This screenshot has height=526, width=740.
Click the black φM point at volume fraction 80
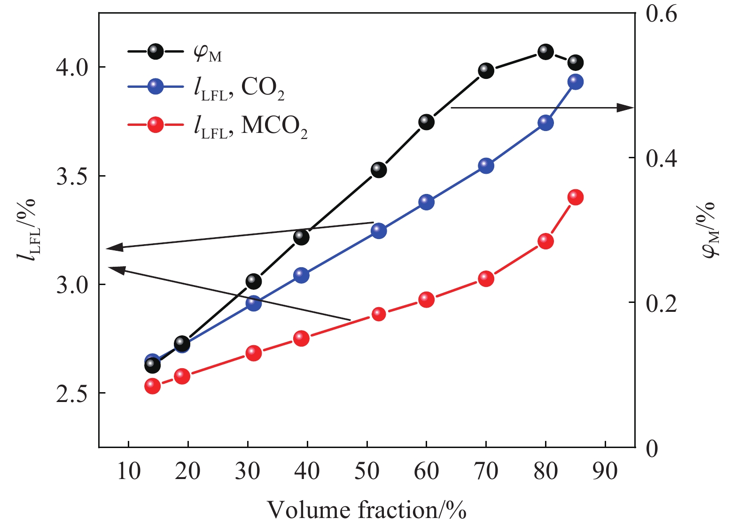[545, 51]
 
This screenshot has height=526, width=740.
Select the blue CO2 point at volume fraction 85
[576, 82]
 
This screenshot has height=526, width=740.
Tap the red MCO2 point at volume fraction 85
[576, 197]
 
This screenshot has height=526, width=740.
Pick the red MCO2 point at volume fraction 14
[152, 386]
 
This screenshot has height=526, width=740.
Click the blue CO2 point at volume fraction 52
[379, 231]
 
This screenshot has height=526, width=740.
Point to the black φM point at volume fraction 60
[426, 122]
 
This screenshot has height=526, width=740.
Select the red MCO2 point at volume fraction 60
[426, 299]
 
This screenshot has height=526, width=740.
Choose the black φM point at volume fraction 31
[253, 281]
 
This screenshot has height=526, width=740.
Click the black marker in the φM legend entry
[156, 51]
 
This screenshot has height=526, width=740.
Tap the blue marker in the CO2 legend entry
[156, 87]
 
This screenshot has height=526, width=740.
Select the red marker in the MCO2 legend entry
[156, 124]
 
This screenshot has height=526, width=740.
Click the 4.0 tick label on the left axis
[72, 68]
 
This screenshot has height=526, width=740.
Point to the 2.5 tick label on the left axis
[72, 394]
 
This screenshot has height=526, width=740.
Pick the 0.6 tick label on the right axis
[661, 14]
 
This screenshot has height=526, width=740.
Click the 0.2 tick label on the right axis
[661, 303]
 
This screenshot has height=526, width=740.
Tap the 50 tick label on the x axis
[366, 471]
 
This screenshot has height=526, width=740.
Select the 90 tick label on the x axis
[605, 471]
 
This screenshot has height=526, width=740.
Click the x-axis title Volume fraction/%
[366, 510]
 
